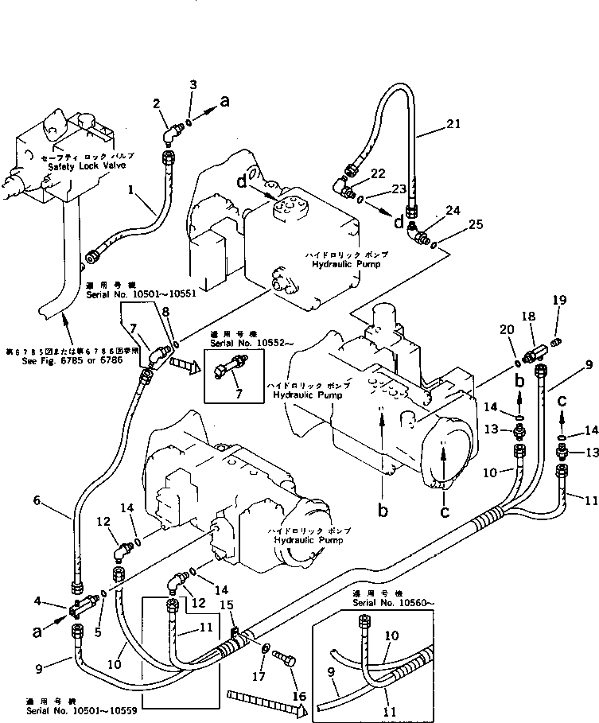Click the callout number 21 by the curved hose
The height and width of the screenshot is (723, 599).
point(453,122)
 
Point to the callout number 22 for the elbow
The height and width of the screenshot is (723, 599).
point(377,173)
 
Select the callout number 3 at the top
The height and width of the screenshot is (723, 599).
point(193,84)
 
